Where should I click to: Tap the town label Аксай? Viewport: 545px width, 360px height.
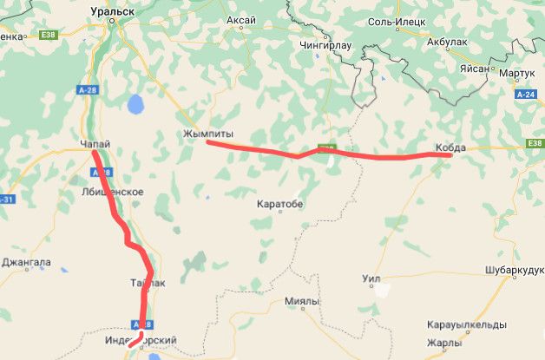pos(240,19)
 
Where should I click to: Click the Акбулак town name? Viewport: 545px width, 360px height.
pos(449,41)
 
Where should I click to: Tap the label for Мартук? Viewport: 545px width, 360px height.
pos(516,74)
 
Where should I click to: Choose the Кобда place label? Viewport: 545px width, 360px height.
pos(450,148)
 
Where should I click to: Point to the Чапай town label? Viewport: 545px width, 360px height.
pos(95,144)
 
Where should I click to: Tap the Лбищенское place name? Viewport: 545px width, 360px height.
pos(111,192)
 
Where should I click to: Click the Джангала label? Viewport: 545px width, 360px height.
pos(26,262)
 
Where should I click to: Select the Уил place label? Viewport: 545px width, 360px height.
pos(371,279)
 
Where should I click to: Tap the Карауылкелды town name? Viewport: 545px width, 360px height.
pos(467,324)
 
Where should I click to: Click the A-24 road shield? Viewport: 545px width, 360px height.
pos(525,94)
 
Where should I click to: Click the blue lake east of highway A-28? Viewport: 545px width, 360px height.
pos(135,105)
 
